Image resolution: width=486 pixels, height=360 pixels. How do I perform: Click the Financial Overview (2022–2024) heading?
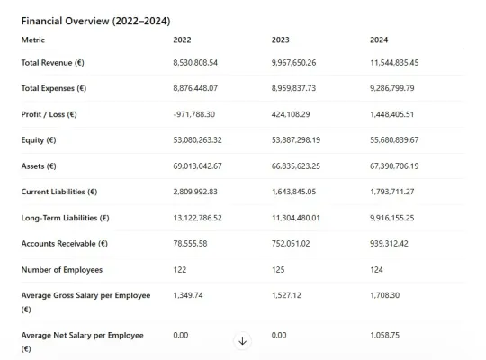[95, 21]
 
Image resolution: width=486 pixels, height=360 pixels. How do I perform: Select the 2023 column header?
[280, 40]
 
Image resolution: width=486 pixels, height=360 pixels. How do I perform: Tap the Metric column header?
[33, 40]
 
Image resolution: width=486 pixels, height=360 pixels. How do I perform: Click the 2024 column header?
[379, 40]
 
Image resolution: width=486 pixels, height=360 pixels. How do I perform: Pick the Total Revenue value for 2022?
[195, 63]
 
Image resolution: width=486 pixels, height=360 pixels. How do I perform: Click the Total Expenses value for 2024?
[392, 88]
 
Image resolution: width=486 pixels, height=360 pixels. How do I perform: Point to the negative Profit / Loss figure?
[194, 114]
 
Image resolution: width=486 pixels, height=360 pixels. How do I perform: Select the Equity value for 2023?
[296, 140]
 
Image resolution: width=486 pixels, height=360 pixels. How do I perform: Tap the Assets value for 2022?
[197, 166]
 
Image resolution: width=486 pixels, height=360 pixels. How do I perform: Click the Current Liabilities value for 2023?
[293, 192]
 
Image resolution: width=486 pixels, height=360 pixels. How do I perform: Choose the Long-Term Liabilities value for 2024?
[392, 218]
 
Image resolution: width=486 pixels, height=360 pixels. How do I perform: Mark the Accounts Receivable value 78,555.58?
[190, 244]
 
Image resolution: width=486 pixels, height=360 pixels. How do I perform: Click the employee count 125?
[278, 270]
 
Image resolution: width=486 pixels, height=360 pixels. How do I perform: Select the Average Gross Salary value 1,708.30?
[384, 295]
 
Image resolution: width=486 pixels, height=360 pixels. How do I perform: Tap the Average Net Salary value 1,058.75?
[384, 335]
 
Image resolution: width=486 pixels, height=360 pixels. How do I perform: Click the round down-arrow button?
[242, 341]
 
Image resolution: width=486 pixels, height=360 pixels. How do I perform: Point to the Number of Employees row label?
[62, 270]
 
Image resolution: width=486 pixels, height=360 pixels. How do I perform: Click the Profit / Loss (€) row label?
[49, 114]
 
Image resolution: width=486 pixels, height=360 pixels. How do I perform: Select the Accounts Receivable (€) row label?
[65, 244]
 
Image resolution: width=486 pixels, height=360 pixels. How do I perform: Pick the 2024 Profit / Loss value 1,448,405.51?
[391, 114]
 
